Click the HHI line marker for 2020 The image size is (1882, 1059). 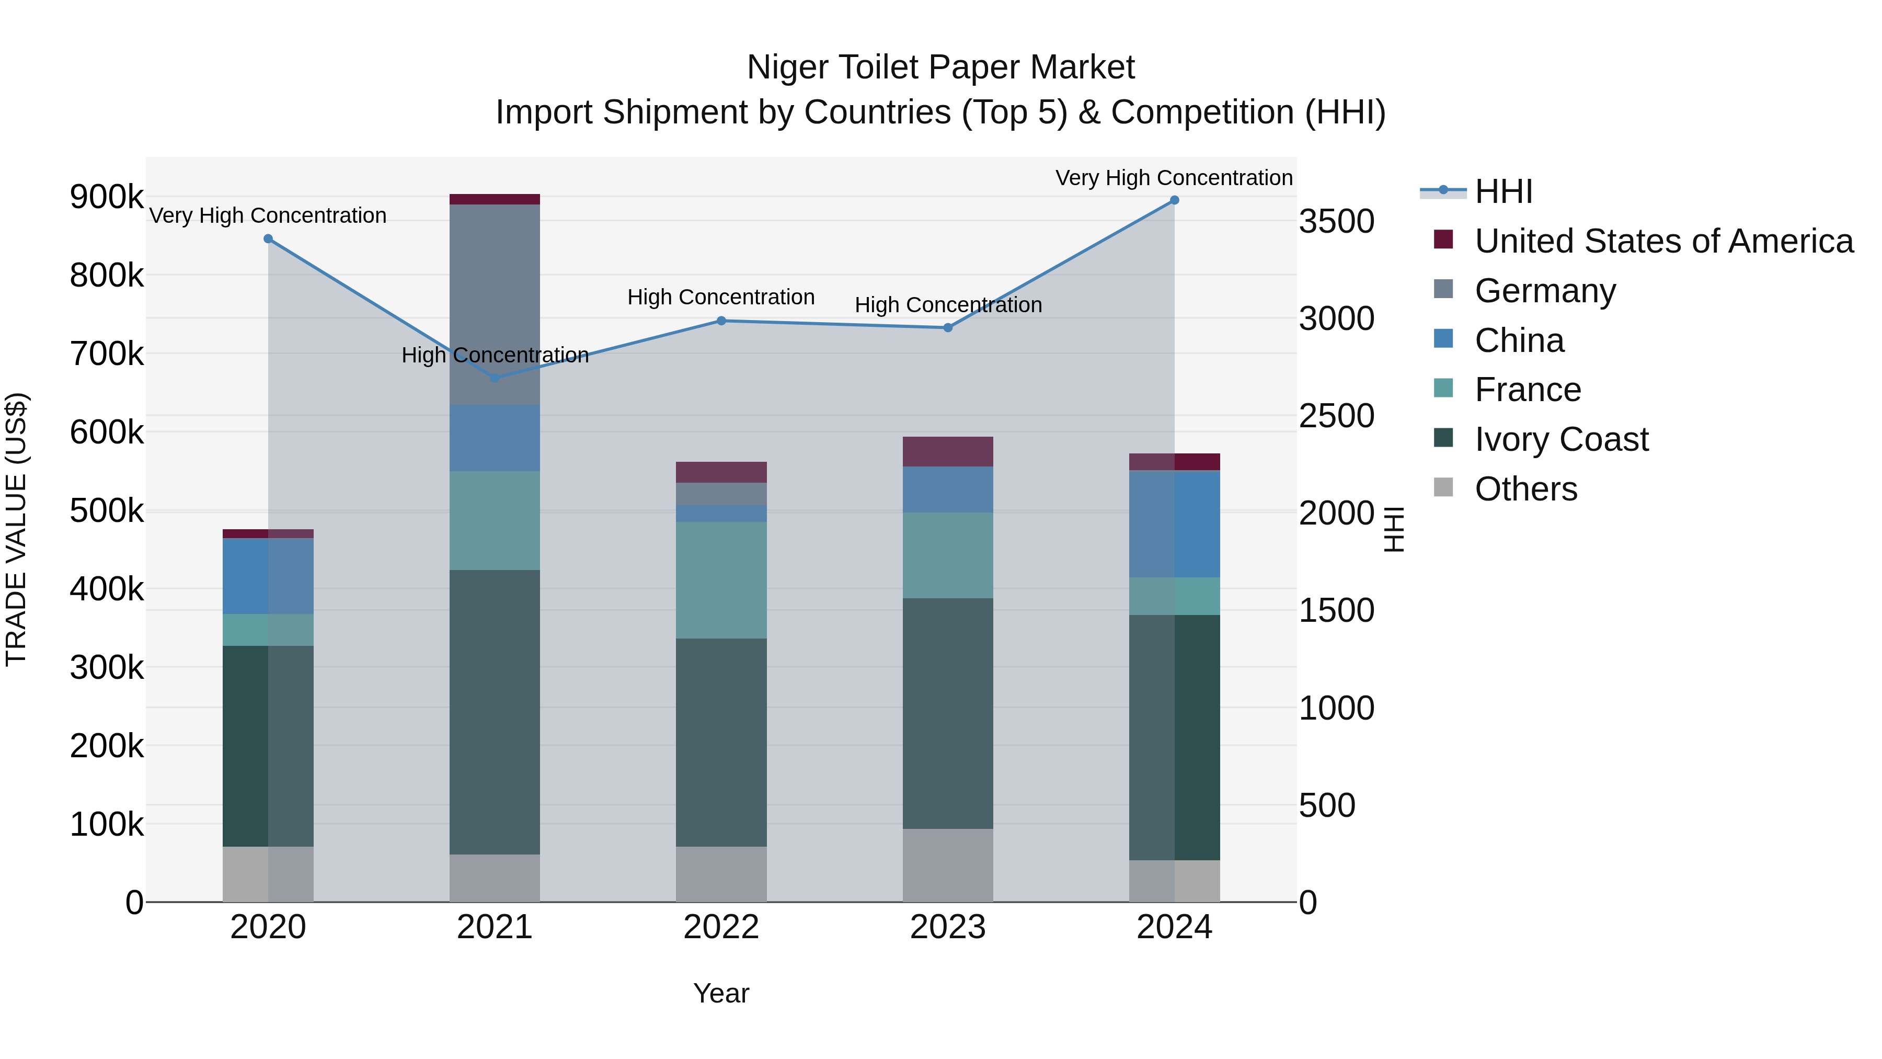[268, 239]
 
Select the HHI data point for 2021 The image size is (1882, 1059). [495, 378]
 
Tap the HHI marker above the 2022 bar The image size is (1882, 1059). [721, 321]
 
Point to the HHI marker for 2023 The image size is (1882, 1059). [948, 328]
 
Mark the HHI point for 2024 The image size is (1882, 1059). [1175, 200]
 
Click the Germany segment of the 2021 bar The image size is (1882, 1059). [495, 305]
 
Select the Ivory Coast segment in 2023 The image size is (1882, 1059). [948, 713]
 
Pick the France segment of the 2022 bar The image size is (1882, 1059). [721, 580]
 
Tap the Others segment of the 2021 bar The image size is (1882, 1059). [495, 878]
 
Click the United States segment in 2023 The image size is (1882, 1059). [948, 452]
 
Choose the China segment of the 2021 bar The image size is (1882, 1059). [495, 438]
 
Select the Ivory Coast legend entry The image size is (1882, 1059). [1560, 439]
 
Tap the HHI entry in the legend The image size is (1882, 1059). [1503, 191]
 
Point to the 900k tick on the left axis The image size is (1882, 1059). [107, 197]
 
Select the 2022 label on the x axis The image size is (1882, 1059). [721, 927]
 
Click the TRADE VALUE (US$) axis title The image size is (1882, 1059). [16, 529]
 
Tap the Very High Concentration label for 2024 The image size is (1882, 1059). [1174, 178]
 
